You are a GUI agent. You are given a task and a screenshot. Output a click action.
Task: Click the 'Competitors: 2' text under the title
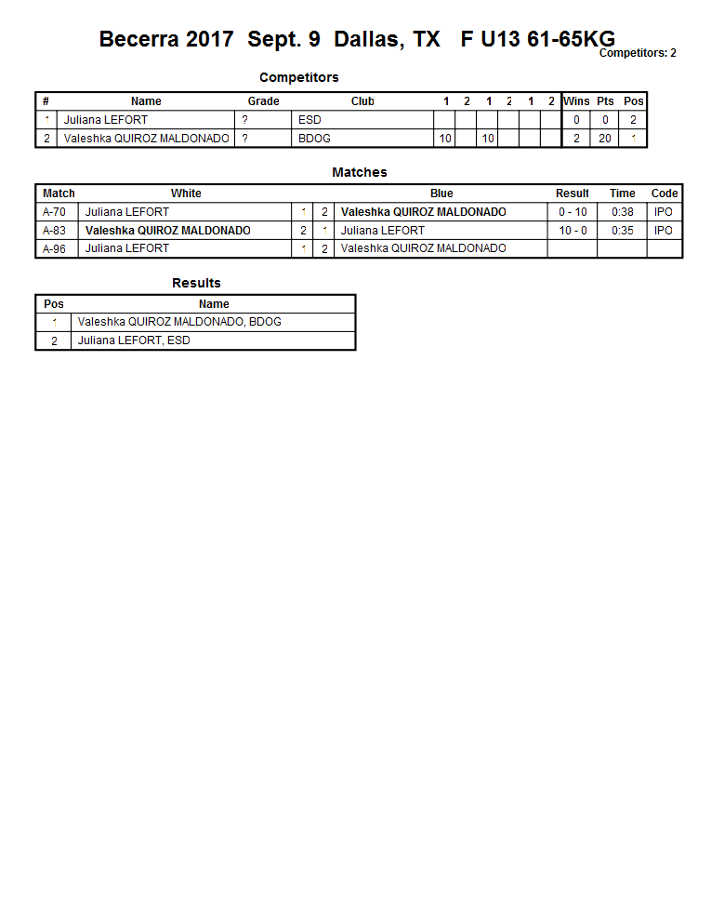637,53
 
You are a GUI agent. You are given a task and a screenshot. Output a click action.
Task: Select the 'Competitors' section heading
298,77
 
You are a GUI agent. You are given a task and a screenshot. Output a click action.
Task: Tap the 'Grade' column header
263,101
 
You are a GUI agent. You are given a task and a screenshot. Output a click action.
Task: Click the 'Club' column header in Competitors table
362,101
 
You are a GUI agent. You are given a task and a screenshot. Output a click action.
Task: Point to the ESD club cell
309,120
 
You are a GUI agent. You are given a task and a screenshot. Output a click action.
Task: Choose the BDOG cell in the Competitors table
314,139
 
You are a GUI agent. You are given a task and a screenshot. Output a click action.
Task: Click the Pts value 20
605,139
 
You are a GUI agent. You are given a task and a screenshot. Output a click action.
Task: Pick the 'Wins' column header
576,101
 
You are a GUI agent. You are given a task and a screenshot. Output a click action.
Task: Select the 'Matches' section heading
359,172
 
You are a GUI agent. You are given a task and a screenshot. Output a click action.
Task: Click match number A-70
55,212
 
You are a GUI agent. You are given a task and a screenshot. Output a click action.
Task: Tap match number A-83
55,231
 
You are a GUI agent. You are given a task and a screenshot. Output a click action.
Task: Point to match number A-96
55,248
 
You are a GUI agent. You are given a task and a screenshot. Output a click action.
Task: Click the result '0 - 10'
573,212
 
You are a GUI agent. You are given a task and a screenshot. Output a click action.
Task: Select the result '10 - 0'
573,231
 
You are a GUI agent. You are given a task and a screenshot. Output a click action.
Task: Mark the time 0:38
623,212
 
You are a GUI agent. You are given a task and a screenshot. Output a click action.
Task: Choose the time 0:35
623,231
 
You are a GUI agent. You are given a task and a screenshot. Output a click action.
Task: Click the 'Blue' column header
441,194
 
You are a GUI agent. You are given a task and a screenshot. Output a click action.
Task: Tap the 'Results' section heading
196,283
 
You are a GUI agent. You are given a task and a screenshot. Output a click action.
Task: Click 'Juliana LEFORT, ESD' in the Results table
134,340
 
